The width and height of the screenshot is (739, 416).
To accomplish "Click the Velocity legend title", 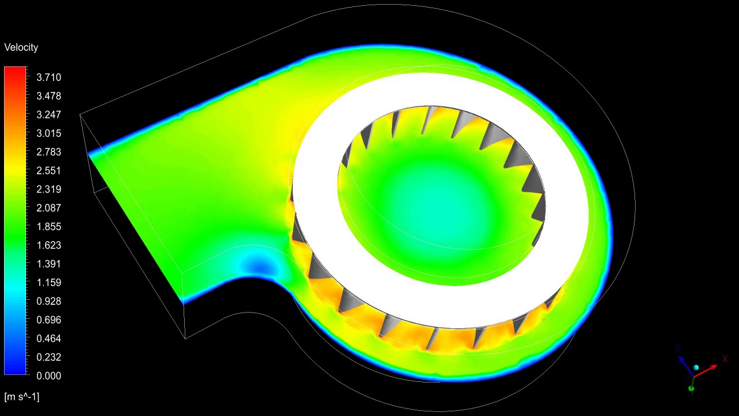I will (21, 47).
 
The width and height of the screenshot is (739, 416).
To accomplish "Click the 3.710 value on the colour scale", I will (48, 77).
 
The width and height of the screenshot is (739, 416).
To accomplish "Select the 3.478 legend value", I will (48, 96).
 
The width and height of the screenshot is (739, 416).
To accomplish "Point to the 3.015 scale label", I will (48, 133).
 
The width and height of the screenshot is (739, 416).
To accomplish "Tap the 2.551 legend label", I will (48, 170).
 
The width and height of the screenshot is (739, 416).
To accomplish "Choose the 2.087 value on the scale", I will (48, 208).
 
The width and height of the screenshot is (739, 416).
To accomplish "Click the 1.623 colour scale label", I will (48, 245).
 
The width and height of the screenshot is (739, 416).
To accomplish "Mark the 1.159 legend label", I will (48, 283).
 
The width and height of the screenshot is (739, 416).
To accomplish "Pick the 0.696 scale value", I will (48, 320).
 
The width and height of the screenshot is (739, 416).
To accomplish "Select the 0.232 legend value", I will (48, 357).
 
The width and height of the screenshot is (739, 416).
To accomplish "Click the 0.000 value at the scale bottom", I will (48, 376).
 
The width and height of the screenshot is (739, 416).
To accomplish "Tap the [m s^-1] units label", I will (22, 396).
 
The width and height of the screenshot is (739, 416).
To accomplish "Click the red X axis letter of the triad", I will (725, 359).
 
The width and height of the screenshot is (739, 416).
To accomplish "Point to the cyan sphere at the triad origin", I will (696, 368).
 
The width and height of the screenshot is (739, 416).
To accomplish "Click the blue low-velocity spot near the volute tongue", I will (258, 266).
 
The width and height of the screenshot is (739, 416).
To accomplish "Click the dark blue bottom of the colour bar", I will (15, 370).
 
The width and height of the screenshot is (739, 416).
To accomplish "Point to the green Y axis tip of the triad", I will (692, 389).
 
